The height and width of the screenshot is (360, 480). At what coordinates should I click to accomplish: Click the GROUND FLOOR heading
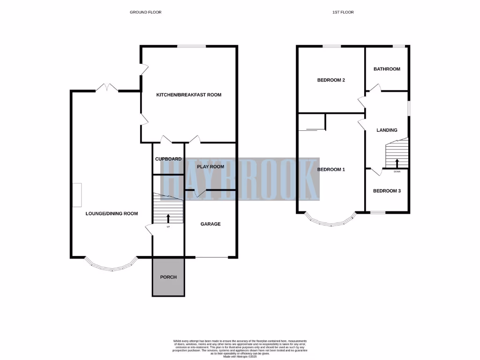click(x=145, y=12)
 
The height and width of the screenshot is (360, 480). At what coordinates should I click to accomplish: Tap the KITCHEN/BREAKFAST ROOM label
click(x=188, y=95)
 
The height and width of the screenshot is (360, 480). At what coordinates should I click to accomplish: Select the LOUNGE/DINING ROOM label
click(x=112, y=214)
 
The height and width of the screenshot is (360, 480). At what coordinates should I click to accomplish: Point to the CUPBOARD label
click(x=168, y=159)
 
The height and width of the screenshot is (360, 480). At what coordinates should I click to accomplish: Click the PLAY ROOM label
click(x=210, y=166)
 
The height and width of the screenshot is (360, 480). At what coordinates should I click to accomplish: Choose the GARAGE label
click(x=210, y=224)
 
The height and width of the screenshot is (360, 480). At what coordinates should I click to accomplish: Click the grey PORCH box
click(x=168, y=277)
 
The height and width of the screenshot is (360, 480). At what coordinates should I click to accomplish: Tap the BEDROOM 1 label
click(x=331, y=169)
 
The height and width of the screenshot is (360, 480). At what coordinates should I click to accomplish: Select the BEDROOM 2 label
click(x=331, y=80)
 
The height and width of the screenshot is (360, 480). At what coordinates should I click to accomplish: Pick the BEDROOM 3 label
click(x=387, y=191)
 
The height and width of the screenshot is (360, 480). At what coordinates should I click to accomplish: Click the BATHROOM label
click(x=387, y=69)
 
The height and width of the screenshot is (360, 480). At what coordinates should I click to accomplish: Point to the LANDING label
click(x=387, y=130)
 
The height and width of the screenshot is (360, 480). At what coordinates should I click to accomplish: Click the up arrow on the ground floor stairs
click(x=168, y=218)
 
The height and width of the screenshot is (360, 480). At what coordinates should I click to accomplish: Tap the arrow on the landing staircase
click(x=397, y=163)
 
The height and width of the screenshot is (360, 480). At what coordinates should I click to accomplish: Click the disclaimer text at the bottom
click(x=240, y=347)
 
